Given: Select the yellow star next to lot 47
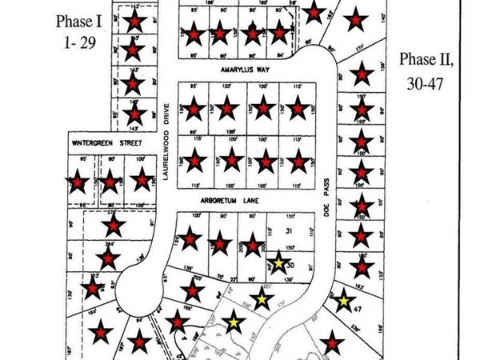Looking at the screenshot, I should pyautogui.click(x=342, y=301).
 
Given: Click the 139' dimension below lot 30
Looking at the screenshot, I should pyautogui.click(x=286, y=279).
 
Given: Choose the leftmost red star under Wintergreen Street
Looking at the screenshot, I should pyautogui.click(x=77, y=182).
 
